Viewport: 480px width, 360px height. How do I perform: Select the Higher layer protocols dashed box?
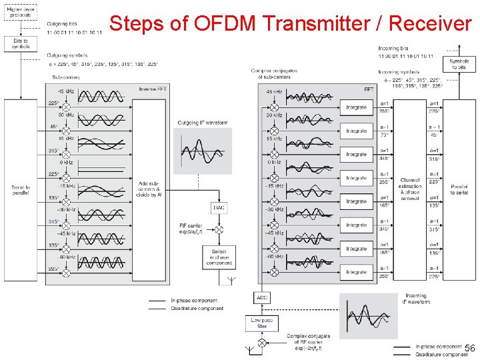(x=21, y=11)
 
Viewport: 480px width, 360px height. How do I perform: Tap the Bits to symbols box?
(x=21, y=43)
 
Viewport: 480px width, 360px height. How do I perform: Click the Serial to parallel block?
(x=21, y=189)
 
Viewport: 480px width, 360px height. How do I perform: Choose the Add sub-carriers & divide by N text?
(x=149, y=189)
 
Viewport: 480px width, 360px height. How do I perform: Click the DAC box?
(x=219, y=208)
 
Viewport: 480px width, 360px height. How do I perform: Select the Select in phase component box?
(x=219, y=257)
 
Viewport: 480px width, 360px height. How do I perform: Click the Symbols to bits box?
(x=459, y=64)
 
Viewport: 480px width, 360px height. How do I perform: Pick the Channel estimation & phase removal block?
(x=410, y=189)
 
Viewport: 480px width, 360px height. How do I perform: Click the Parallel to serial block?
(x=459, y=189)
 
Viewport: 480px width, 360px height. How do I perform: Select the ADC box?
(x=262, y=297)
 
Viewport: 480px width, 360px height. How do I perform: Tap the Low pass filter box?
(x=262, y=323)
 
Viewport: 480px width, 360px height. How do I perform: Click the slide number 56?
(x=469, y=349)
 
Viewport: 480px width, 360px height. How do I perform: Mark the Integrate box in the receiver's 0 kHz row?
(x=356, y=155)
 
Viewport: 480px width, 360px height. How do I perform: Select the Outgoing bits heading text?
(x=62, y=25)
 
